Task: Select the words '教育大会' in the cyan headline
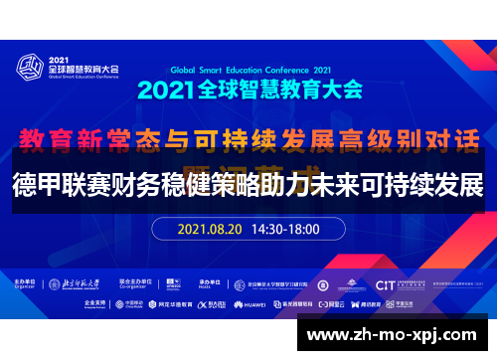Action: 325,90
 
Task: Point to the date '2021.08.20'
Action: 212,228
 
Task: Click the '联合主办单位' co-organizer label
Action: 136,281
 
